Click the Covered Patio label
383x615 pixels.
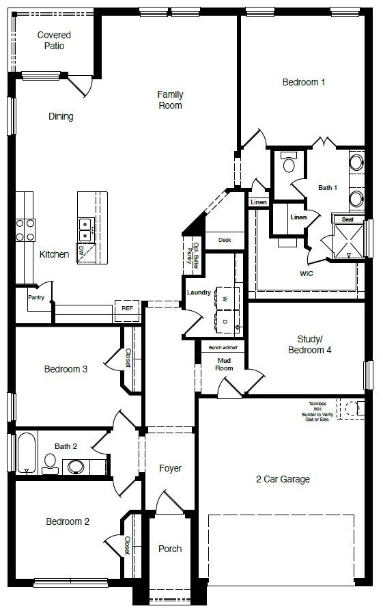54,40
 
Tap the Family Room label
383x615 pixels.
170,100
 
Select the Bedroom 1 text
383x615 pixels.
303,82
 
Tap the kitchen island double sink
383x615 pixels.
86,229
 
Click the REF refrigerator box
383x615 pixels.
127,309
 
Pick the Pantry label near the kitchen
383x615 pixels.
36,297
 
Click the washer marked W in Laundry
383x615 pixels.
225,298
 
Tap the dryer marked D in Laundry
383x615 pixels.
225,321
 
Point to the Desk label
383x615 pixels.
225,240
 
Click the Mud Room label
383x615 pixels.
225,364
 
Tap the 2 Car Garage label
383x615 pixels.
283,479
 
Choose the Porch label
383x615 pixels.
170,549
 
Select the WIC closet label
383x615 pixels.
307,273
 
